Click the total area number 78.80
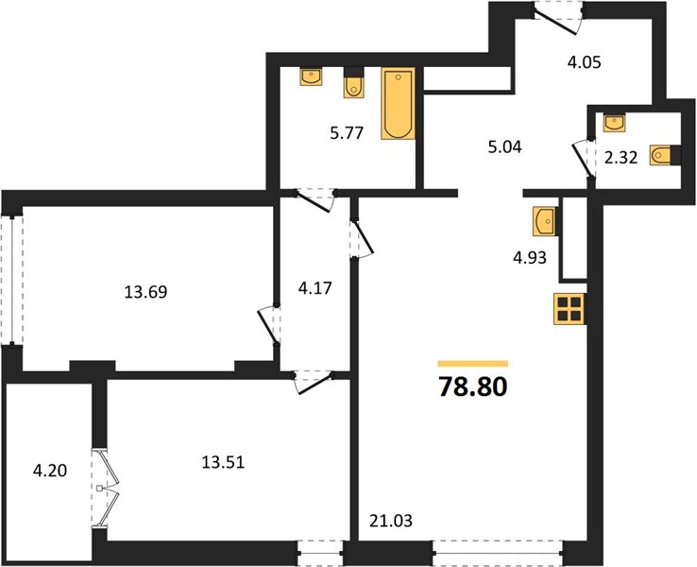point(472,387)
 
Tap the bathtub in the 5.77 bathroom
point(398,103)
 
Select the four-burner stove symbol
point(569,309)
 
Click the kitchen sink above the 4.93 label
point(544,220)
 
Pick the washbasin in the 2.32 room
point(614,122)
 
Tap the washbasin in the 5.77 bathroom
point(311,77)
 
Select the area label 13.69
point(145,292)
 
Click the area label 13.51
point(223,462)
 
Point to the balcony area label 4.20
point(50,470)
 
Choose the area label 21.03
point(391,521)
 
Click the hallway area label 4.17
point(315,288)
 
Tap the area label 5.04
point(504,146)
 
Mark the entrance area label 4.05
point(584,62)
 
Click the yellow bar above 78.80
point(472,363)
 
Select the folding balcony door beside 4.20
point(107,490)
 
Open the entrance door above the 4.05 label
point(558,17)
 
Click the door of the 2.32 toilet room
point(584,159)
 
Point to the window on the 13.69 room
point(12,280)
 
